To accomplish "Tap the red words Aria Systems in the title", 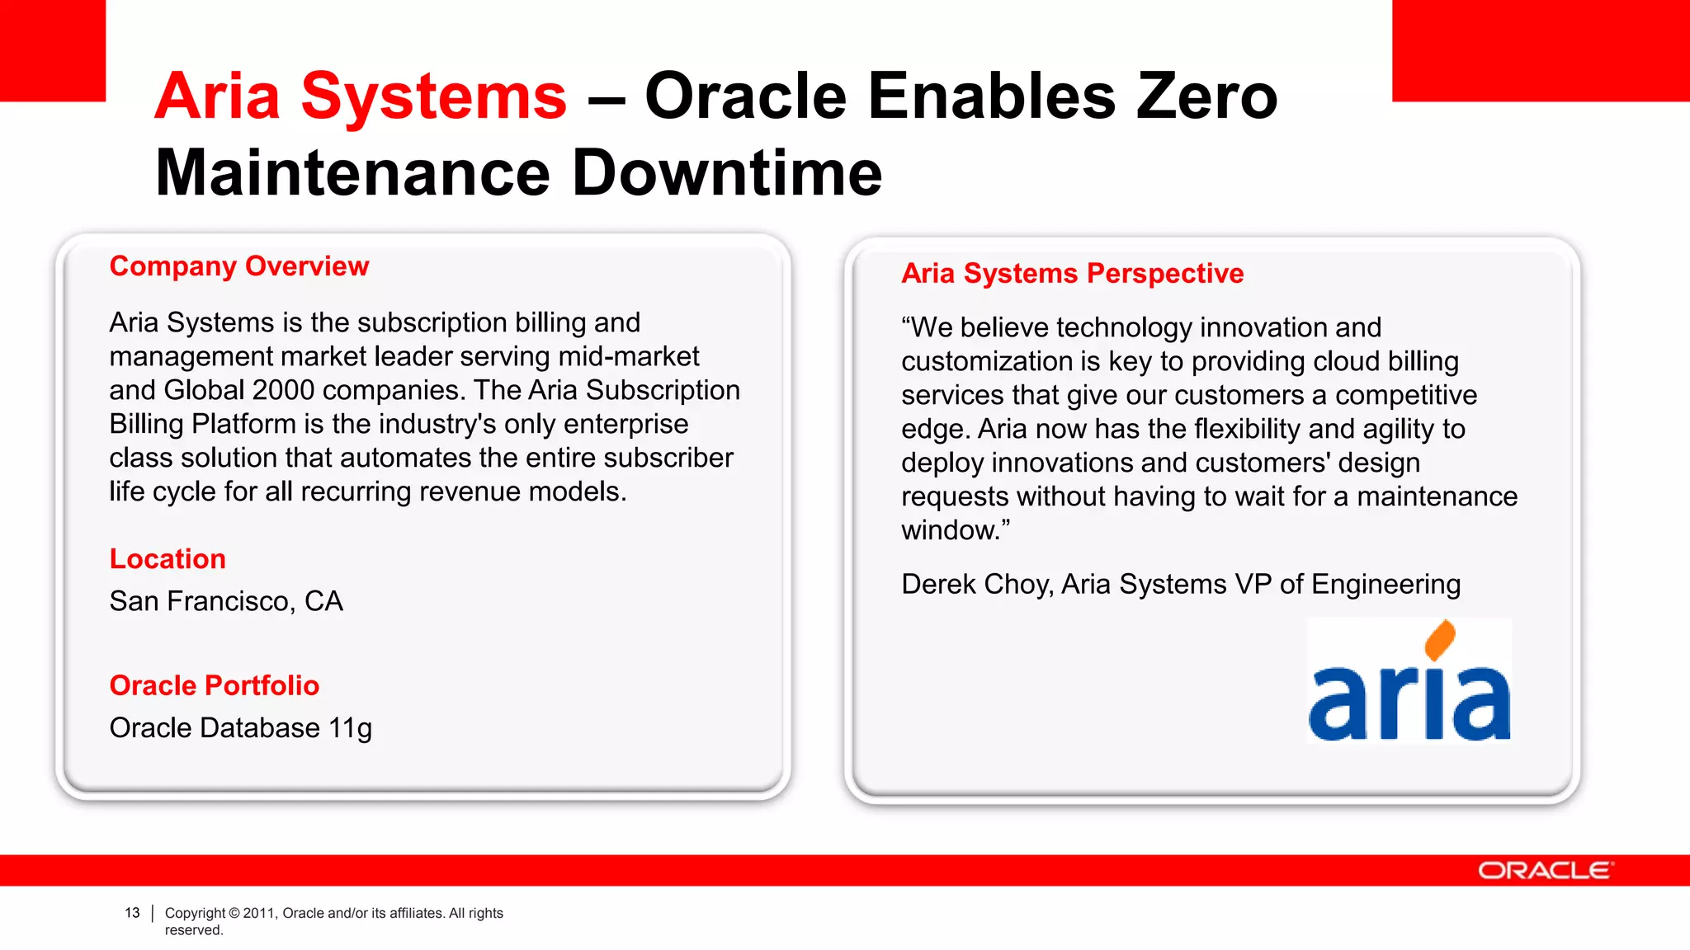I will click(x=361, y=96).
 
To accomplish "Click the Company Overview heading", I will click(x=239, y=266).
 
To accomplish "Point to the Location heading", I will click(x=168, y=559).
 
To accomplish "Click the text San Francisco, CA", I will click(x=226, y=601).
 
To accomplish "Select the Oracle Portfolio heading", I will click(x=215, y=685).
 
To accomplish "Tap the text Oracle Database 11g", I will click(x=241, y=728).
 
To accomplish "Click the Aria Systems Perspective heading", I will click(x=1072, y=273).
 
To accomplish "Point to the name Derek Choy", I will click(x=975, y=584).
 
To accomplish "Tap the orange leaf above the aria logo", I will click(x=1440, y=639).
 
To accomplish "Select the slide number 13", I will click(x=132, y=913).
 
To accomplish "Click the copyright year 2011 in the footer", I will click(x=258, y=913).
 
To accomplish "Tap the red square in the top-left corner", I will click(x=52, y=49).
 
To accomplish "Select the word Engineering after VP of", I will click(x=1386, y=584).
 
